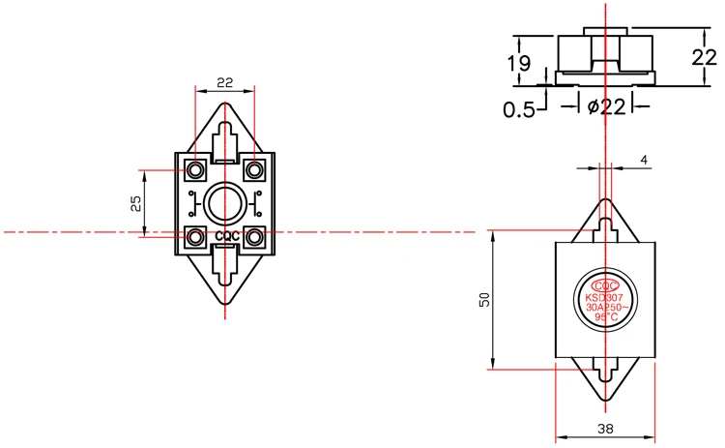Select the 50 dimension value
pyautogui.click(x=483, y=300)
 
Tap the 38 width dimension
pyautogui.click(x=605, y=428)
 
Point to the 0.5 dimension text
pyautogui.click(x=519, y=109)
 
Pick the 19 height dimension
pyautogui.click(x=518, y=64)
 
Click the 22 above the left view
pyautogui.click(x=224, y=83)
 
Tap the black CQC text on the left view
pyautogui.click(x=225, y=235)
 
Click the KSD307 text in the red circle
pyautogui.click(x=606, y=297)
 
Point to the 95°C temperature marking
pyautogui.click(x=606, y=316)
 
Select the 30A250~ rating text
pyautogui.click(x=606, y=307)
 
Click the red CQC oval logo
pyautogui.click(x=606, y=285)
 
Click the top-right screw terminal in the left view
pyautogui.click(x=254, y=171)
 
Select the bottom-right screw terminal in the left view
pyautogui.click(x=254, y=235)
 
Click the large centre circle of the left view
pyautogui.click(x=225, y=203)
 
